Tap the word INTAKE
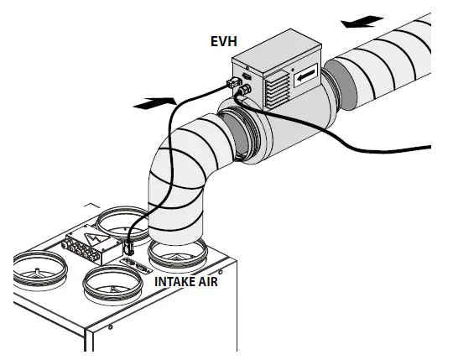point(175,283)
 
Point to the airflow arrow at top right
point(363,18)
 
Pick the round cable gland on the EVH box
point(246,86)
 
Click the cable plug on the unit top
point(129,249)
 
